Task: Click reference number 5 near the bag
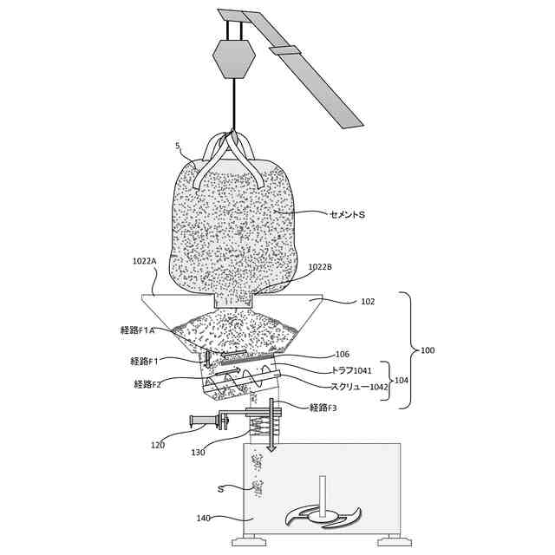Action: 178,147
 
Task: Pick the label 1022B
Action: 319,267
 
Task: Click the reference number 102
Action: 369,303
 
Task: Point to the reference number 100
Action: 428,350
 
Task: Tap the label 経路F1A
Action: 137,330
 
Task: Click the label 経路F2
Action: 147,384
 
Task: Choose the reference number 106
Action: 342,354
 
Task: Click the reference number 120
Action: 158,445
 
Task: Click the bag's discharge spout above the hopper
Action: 232,299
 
